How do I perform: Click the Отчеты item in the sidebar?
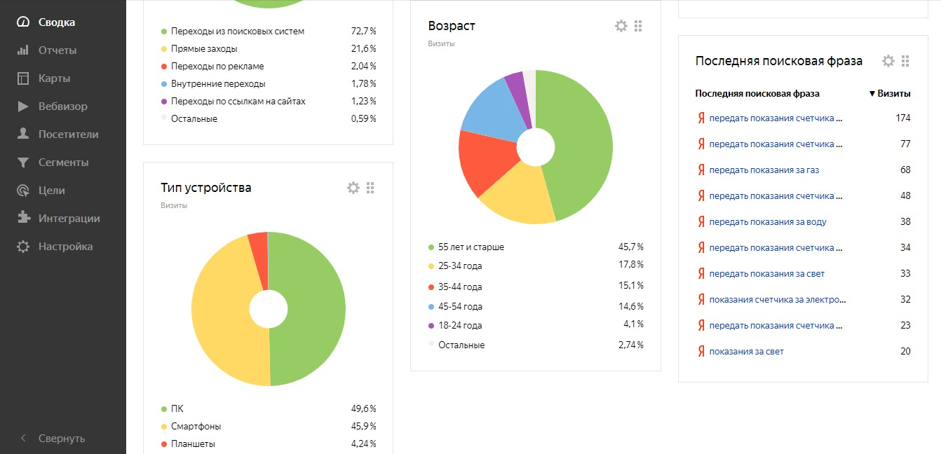[x=57, y=50]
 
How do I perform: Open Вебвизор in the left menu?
[x=62, y=106]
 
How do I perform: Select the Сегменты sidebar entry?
[x=63, y=163]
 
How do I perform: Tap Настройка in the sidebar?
[x=65, y=247]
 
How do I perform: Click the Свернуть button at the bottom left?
[x=61, y=439]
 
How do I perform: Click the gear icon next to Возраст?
[x=621, y=26]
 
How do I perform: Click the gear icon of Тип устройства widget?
[x=353, y=188]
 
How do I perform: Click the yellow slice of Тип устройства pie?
[x=224, y=308]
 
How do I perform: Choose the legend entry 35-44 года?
[x=459, y=287]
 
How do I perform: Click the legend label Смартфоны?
[x=196, y=426]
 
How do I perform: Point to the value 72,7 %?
[x=363, y=32]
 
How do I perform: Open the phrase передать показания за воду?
[x=767, y=221]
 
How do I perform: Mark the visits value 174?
[x=902, y=118]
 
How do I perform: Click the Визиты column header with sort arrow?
[x=890, y=93]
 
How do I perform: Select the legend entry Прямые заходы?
[x=204, y=49]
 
